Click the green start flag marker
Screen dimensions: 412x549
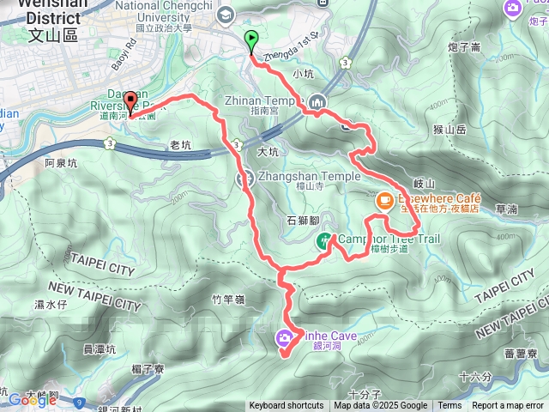pos(251,39)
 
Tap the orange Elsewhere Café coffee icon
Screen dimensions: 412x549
pos(385,200)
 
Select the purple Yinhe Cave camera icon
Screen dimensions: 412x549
pos(283,340)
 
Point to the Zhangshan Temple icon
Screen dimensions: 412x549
pos(244,178)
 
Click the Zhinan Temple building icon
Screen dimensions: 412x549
pos(318,102)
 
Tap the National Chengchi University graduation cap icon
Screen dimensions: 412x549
pos(226,14)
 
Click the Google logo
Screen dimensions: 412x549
pos(31,399)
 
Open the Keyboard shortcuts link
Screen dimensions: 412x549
pos(287,406)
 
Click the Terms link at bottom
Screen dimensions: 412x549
pos(449,406)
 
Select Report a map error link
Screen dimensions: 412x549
pos(508,406)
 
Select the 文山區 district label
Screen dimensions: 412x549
pos(53,35)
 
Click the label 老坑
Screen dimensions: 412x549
pos(180,145)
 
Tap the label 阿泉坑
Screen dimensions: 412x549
pos(61,162)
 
